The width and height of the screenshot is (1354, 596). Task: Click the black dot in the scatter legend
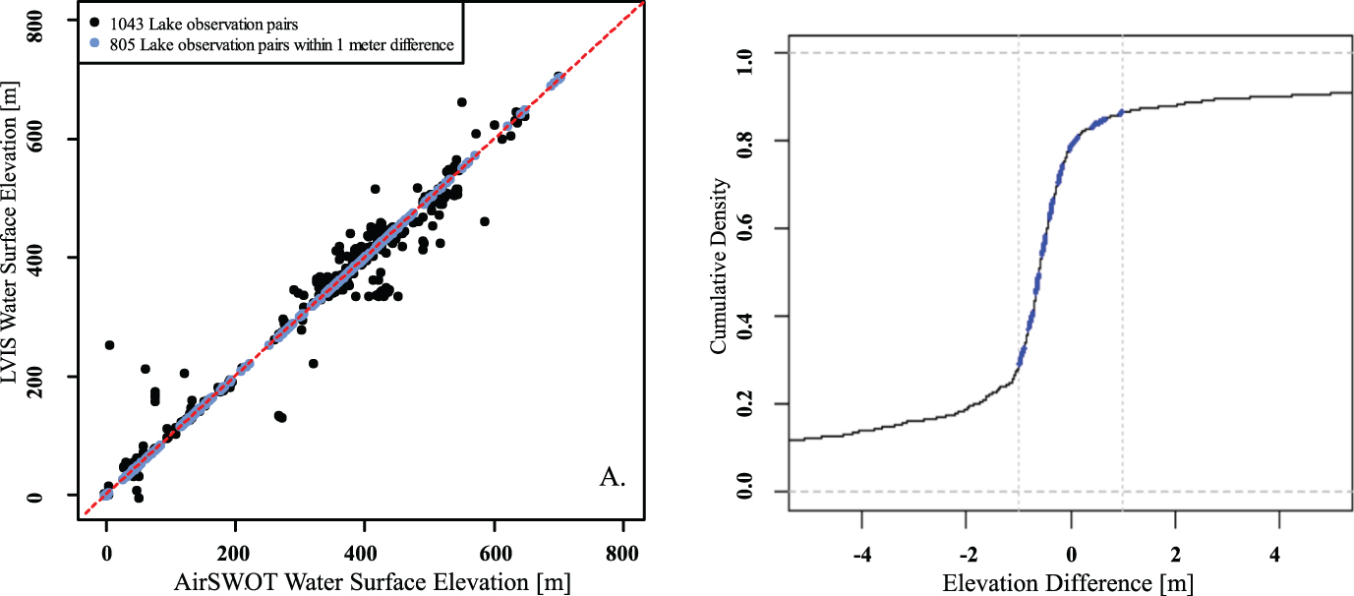point(92,21)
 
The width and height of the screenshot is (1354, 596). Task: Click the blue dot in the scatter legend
point(92,43)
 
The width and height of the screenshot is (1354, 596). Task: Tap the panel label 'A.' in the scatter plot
point(612,478)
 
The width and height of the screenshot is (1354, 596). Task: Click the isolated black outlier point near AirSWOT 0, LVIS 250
point(109,345)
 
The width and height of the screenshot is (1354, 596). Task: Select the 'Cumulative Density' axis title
point(720,266)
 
